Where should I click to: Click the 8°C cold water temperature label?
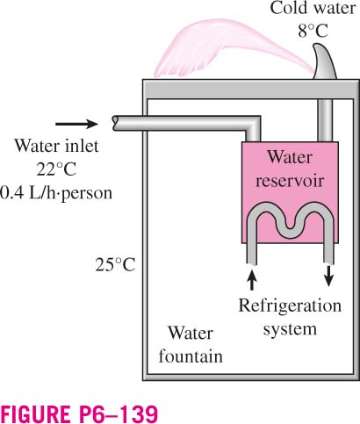tap(313, 31)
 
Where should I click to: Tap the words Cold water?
tap(313, 8)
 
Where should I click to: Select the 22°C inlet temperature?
tap(56, 169)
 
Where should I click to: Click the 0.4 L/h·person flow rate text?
tap(55, 193)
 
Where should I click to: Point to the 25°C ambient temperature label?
tap(115, 265)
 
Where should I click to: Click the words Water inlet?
tap(57, 146)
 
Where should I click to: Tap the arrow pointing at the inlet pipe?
tap(76, 124)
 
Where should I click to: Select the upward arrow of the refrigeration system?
tap(252, 279)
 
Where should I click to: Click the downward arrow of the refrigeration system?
tap(329, 276)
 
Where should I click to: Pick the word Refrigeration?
tap(290, 306)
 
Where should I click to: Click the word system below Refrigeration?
tap(290, 329)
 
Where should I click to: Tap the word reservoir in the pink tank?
tap(290, 180)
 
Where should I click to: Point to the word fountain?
tap(191, 356)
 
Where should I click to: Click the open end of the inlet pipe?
tap(115, 123)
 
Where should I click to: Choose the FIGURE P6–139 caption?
tap(80, 413)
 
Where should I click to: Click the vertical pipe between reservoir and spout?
tap(325, 120)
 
